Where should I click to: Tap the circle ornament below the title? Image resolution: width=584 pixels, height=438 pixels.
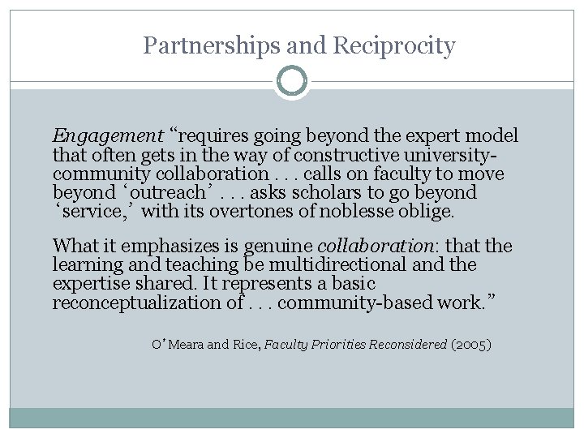click(292, 82)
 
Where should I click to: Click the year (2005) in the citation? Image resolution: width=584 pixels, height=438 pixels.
click(471, 345)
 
